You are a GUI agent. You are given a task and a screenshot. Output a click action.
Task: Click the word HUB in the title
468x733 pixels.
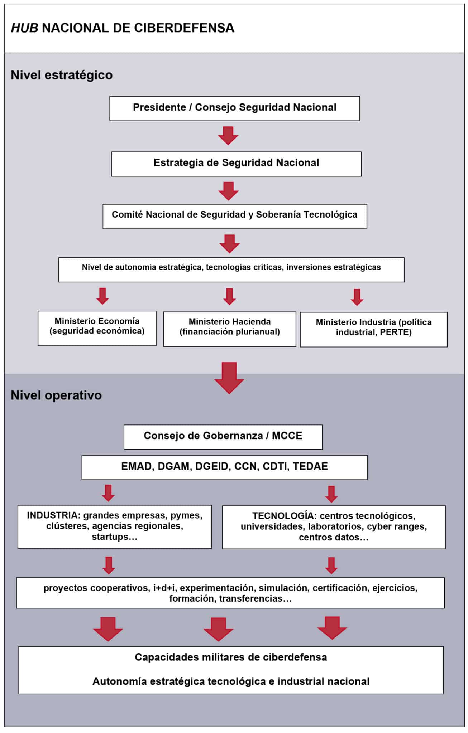click(x=24, y=28)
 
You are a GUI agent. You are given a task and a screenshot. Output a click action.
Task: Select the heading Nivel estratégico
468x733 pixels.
click(x=62, y=75)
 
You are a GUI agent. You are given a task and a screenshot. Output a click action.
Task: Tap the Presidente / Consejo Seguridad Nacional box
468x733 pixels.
click(x=235, y=108)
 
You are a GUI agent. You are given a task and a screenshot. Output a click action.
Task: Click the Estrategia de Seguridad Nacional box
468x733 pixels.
click(x=236, y=164)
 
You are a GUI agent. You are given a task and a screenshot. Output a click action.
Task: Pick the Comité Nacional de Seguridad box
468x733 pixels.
click(x=235, y=217)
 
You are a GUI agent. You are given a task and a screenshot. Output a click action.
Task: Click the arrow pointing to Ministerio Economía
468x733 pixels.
click(x=102, y=296)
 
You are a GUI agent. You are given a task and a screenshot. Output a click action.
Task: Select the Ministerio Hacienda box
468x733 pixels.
click(x=230, y=329)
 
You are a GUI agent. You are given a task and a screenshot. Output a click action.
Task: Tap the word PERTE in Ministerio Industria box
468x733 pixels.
click(x=394, y=332)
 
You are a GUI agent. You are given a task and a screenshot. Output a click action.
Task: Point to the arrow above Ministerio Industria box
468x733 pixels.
click(x=357, y=297)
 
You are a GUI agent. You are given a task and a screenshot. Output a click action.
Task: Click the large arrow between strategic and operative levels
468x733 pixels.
click(x=229, y=378)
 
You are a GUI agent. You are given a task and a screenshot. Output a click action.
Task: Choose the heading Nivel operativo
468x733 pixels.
click(x=56, y=395)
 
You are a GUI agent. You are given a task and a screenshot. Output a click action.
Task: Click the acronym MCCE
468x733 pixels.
click(x=287, y=436)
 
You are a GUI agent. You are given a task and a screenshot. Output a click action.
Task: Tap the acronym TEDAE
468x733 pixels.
click(x=310, y=466)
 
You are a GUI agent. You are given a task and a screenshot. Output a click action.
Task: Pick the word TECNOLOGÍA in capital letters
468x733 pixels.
click(x=283, y=516)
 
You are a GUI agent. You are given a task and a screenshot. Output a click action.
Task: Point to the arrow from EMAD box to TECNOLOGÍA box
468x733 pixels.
click(x=331, y=494)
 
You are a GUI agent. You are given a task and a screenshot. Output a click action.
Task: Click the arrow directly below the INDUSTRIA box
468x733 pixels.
click(x=109, y=565)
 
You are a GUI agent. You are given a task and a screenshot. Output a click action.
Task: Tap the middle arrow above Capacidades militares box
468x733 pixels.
click(x=219, y=629)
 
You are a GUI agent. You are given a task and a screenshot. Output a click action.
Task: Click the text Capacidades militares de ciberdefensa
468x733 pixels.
click(x=231, y=657)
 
